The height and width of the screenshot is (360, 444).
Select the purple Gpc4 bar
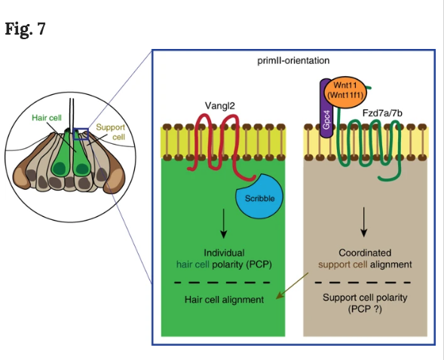point(326,110)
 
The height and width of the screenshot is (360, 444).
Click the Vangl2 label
point(220,105)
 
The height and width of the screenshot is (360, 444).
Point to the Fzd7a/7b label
point(382,113)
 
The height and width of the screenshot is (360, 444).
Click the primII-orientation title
point(293,60)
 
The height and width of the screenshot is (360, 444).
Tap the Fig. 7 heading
point(26,29)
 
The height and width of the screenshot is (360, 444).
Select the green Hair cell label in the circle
point(47,117)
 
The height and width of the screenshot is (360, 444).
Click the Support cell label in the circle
point(111,132)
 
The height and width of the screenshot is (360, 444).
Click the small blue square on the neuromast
point(81,134)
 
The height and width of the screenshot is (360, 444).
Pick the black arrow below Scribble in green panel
point(224,224)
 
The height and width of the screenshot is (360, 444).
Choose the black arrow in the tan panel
point(364,222)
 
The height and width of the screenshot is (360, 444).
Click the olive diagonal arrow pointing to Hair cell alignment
point(292,285)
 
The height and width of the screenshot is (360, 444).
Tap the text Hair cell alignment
point(225,300)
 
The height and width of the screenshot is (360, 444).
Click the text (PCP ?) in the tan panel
point(365,309)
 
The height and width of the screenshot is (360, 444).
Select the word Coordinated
point(365,252)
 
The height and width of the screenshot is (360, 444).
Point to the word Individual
point(225,252)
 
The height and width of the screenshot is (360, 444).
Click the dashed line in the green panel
point(222,282)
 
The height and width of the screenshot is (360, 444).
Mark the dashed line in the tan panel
point(363,282)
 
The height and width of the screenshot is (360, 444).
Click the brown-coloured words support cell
point(343,264)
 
